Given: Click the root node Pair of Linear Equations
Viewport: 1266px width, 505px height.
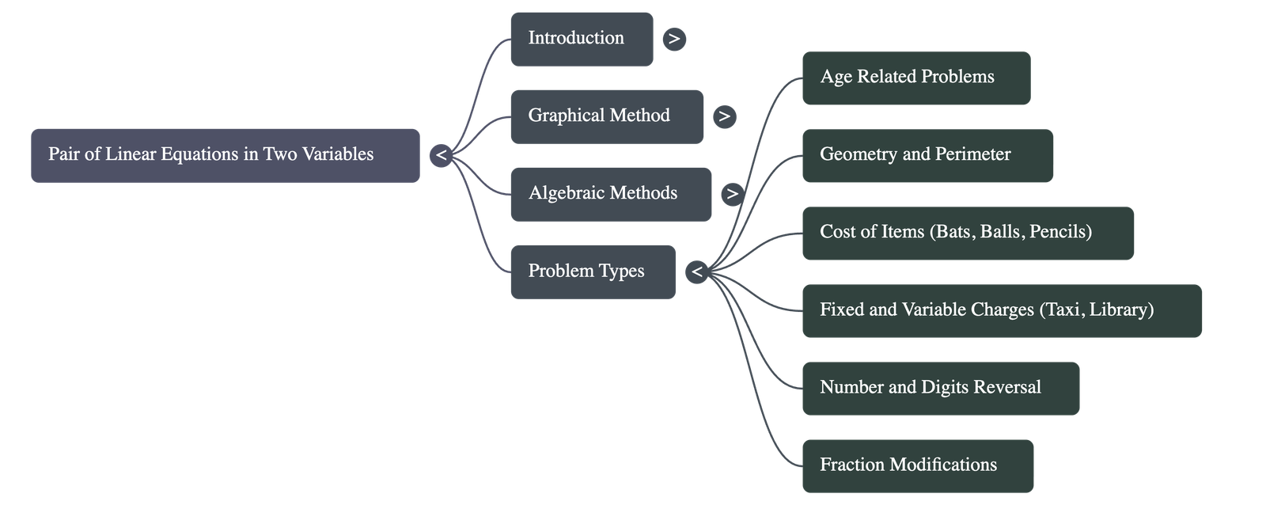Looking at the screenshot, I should pos(225,155).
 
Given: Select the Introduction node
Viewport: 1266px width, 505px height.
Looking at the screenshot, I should pos(582,38).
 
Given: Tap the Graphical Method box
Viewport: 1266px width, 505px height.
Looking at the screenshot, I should pos(606,116).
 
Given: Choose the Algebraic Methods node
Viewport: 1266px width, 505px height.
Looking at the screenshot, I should pos(610,194).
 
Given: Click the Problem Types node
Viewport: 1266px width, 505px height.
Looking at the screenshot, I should pos(593,271).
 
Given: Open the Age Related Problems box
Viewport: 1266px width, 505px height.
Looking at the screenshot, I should pos(915,78).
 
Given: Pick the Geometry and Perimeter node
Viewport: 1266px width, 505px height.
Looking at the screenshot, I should pos(927,155).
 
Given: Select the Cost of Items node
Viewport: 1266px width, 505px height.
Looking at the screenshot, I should pos(967,233).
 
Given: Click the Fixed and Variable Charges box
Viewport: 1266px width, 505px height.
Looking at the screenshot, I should pos(1001,310).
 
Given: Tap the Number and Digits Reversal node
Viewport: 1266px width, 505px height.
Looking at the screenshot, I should pos(940,388).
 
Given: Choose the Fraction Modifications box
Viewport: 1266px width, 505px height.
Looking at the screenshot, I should pos(917,465).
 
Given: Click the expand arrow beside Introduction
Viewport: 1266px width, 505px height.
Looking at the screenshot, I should pos(674,39).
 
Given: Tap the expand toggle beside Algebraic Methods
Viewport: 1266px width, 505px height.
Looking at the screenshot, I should pos(732,194).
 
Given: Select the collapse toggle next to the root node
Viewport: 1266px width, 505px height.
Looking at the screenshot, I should pos(442,156).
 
